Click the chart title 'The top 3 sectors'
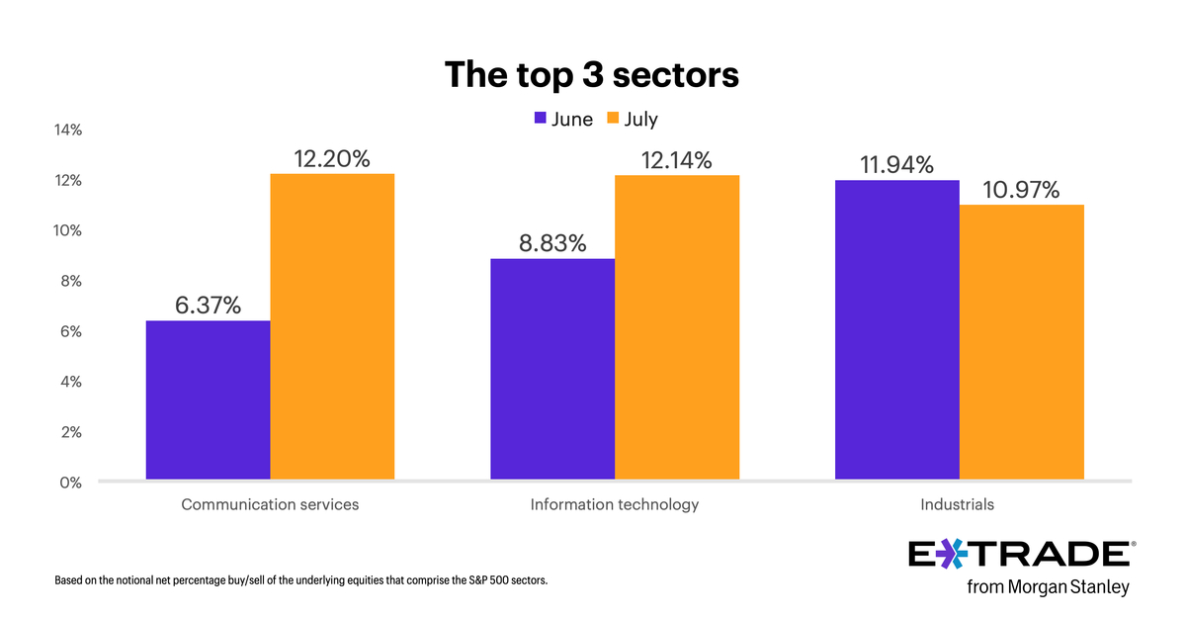click(x=591, y=75)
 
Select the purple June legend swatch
click(x=540, y=119)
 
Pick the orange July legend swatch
click(x=612, y=119)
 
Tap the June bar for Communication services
click(x=208, y=400)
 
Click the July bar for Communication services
click(x=332, y=327)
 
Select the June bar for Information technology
click(x=552, y=370)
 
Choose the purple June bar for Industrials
click(x=896, y=330)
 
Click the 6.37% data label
click(x=208, y=306)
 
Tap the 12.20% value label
click(x=332, y=158)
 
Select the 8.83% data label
click(x=552, y=243)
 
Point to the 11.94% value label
click(x=896, y=165)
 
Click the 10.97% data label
click(x=1021, y=189)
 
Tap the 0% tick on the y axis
click(x=71, y=483)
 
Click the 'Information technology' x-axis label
click(x=614, y=504)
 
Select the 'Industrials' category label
click(x=957, y=504)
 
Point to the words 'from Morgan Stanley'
click(x=1048, y=587)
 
